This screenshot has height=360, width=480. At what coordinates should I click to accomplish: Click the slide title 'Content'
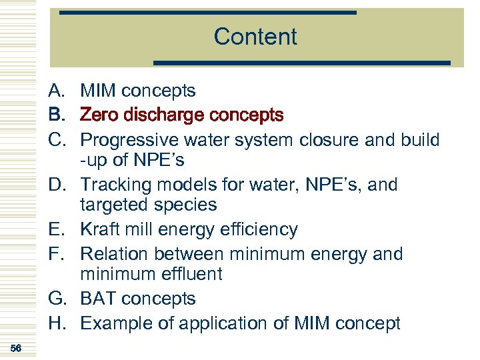(255, 37)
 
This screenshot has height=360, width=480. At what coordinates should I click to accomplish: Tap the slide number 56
(17, 348)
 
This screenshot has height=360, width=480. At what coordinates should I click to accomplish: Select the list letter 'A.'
(57, 91)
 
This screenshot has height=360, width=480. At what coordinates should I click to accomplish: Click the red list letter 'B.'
(57, 115)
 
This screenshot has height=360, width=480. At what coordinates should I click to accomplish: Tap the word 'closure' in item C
(349, 140)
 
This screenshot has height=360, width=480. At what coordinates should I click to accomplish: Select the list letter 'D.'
(57, 185)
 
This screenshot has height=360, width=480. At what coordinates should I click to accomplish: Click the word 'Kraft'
(98, 229)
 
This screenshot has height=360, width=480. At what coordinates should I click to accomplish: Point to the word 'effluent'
(191, 274)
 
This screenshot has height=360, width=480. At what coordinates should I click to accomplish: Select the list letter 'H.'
(57, 323)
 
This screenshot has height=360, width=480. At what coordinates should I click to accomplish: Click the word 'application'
(223, 323)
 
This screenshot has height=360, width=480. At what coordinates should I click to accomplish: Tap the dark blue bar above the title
(208, 12)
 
